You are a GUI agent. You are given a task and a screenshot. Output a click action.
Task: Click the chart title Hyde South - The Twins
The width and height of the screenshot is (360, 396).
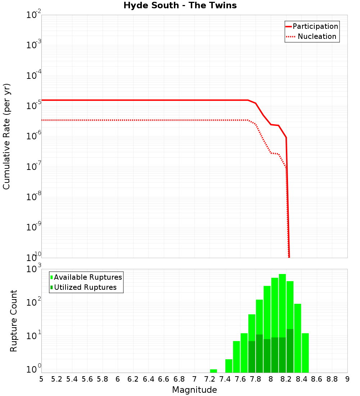pyautogui.click(x=180, y=5)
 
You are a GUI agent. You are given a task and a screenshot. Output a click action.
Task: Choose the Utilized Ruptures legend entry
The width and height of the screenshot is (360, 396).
pyautogui.click(x=85, y=287)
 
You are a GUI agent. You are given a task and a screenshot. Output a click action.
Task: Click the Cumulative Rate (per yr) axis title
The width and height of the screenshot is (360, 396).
pyautogui.click(x=6, y=136)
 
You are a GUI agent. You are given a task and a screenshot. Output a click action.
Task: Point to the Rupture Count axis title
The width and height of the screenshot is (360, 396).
pyautogui.click(x=14, y=321)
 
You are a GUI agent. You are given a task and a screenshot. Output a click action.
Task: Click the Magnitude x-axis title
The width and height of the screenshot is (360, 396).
pyautogui.click(x=194, y=390)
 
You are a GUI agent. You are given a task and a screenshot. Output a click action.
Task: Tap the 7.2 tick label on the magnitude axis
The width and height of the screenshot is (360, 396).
pyautogui.click(x=210, y=379)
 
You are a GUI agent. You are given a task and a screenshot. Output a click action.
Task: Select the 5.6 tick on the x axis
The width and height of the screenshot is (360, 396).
pyautogui.click(x=87, y=379)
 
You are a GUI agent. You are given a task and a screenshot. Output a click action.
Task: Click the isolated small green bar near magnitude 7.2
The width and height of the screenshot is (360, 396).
pyautogui.click(x=213, y=371)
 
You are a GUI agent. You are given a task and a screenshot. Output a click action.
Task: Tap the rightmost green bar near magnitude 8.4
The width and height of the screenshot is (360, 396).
pyautogui.click(x=305, y=353)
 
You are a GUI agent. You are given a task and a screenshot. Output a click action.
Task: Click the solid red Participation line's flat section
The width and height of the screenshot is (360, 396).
pyautogui.click(x=144, y=100)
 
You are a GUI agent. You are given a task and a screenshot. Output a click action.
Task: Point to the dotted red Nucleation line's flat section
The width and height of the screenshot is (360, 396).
pyautogui.click(x=144, y=120)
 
